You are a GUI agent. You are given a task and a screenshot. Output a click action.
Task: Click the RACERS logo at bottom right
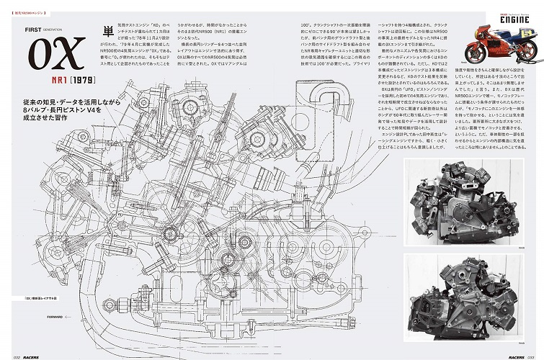pyautogui.click(x=505, y=354)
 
